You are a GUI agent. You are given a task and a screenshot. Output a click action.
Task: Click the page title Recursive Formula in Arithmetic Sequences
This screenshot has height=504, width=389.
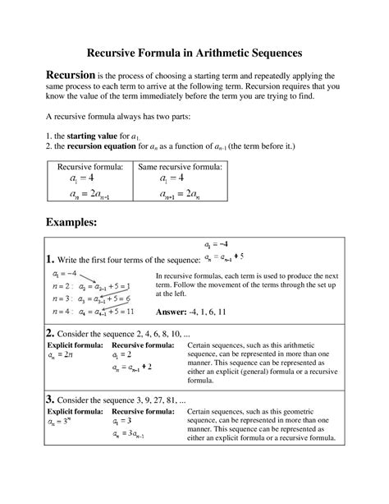click(194, 51)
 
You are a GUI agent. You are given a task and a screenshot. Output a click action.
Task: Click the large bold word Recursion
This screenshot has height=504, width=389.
click(70, 76)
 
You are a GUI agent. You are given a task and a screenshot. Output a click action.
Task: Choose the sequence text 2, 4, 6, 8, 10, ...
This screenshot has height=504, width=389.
click(162, 335)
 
